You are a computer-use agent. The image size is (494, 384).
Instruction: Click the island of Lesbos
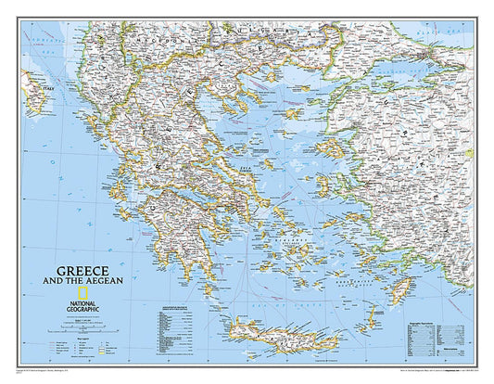330,147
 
